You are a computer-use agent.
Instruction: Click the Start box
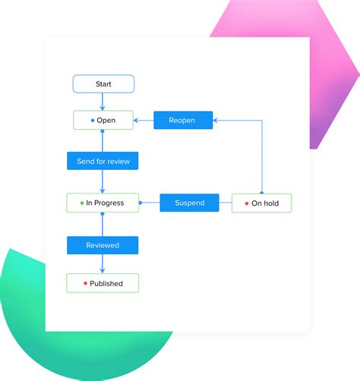click(103, 83)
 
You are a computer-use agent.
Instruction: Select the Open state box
click(103, 120)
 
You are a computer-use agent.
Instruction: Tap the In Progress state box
click(103, 203)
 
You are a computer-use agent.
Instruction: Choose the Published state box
click(103, 283)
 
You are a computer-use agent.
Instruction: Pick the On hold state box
click(261, 203)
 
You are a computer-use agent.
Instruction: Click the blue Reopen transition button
click(183, 120)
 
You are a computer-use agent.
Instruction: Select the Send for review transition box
click(103, 161)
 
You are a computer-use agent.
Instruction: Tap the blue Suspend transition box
click(189, 203)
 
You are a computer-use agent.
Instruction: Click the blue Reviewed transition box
click(103, 245)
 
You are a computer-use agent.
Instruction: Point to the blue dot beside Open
click(93, 120)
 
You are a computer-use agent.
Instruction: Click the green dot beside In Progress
click(81, 203)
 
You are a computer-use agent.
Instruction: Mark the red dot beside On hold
click(246, 203)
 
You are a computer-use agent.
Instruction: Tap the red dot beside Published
click(85, 284)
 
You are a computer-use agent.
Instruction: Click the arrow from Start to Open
click(103, 102)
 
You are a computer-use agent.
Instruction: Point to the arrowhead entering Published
click(103, 270)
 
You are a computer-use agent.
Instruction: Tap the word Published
click(106, 284)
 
